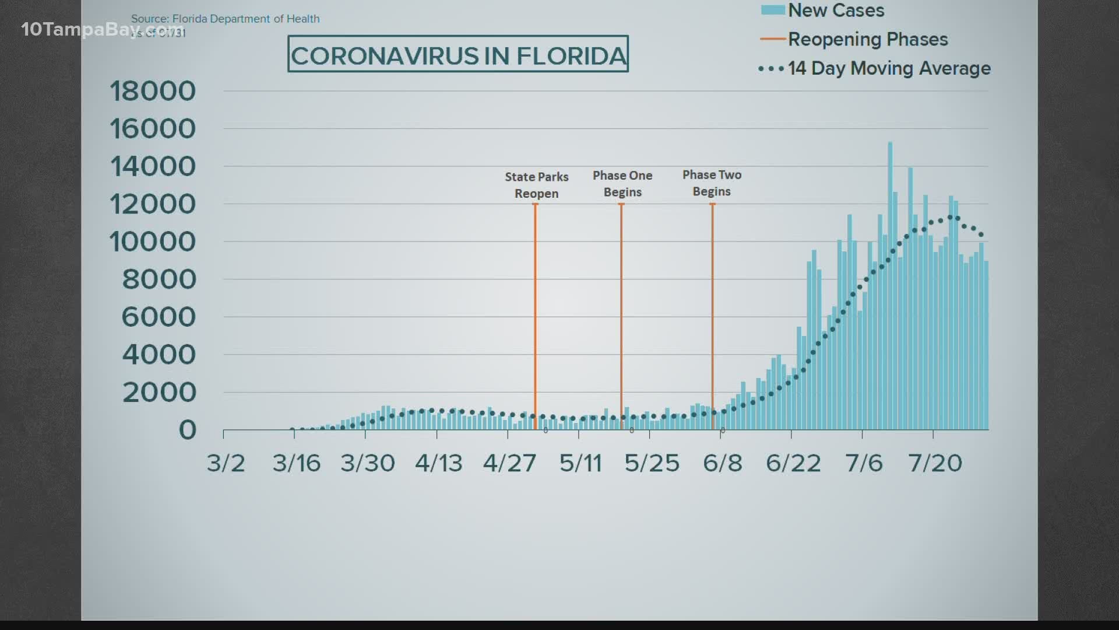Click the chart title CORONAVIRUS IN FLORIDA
[458, 54]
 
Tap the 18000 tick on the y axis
[153, 91]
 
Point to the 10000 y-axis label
[153, 242]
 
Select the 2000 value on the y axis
[159, 392]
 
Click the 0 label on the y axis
[187, 430]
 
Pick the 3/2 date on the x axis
[226, 463]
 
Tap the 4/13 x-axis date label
[438, 463]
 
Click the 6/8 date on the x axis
[723, 463]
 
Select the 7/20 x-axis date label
[935, 463]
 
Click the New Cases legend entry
[836, 10]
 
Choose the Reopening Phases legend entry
[868, 39]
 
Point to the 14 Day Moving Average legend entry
[889, 68]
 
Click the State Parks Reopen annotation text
[536, 185]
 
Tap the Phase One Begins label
[622, 184]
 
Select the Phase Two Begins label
[712, 183]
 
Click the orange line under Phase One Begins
[621, 315]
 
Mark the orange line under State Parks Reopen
[536, 315]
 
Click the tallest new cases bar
[890, 286]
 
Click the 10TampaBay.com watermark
[102, 29]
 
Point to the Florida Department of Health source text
[226, 19]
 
